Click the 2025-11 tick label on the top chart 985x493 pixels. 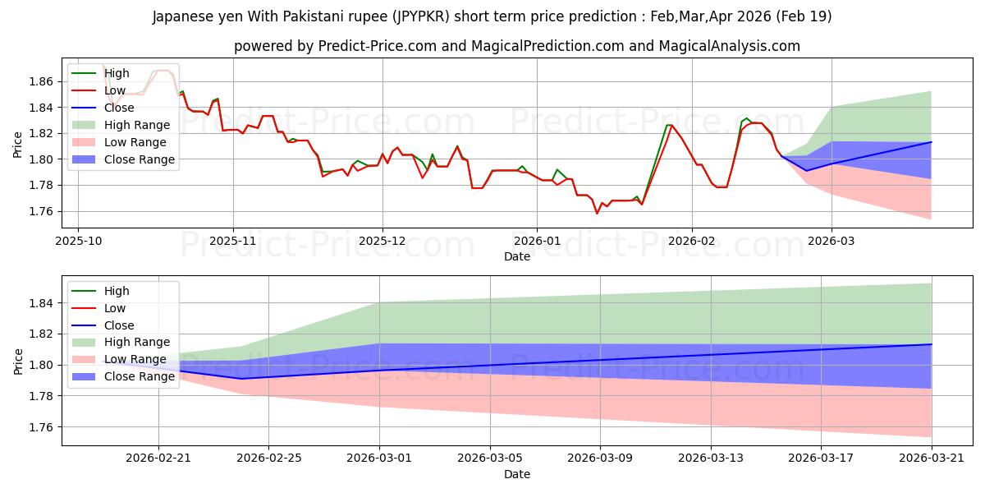coord(233,242)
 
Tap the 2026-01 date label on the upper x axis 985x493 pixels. coord(537,242)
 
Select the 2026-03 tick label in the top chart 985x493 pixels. coord(831,242)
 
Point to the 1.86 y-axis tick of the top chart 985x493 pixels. coord(41,81)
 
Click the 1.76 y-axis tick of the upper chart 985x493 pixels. coord(41,211)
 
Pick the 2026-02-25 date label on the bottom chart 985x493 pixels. coord(268,458)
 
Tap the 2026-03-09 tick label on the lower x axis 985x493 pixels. coord(600,458)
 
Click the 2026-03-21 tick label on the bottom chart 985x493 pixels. coord(932,458)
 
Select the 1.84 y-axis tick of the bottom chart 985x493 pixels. coord(41,303)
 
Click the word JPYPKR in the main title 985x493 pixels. coord(423,16)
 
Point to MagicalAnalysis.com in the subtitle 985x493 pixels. coord(729,46)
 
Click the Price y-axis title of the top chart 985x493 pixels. coord(17,145)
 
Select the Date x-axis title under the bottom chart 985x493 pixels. coord(516,474)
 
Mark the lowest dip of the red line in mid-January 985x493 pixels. coord(597,214)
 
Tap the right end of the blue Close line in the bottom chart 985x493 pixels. coord(932,344)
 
